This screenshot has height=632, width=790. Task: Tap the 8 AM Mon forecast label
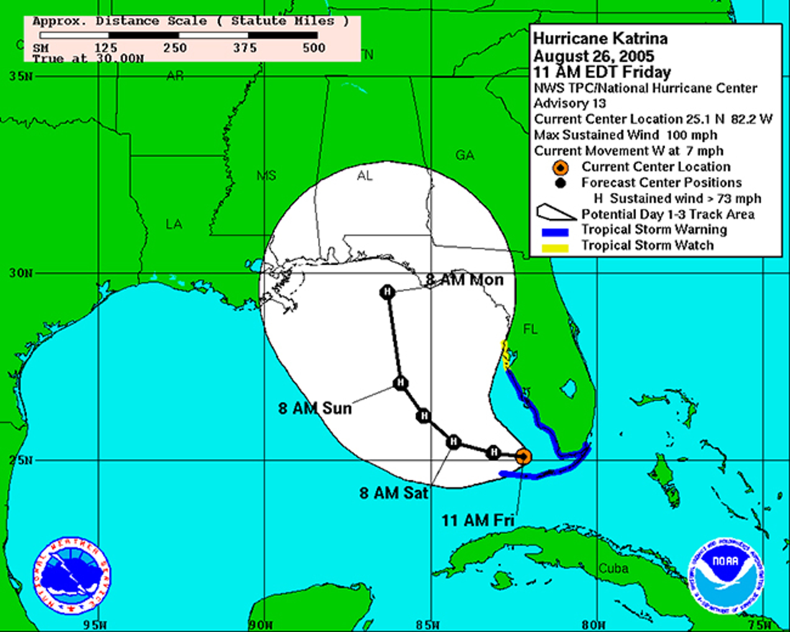point(465,280)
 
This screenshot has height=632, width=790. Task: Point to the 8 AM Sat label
point(394,493)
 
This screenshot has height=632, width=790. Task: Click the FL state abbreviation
point(530,329)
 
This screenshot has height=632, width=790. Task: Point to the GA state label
point(465,155)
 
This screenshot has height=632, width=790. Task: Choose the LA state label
point(174,224)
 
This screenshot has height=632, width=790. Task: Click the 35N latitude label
point(21,76)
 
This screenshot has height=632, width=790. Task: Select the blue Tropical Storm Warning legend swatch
point(555,232)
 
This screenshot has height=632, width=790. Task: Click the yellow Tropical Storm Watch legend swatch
point(555,248)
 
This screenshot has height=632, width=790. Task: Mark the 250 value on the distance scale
point(175,48)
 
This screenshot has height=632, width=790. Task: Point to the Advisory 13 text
point(570,103)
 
